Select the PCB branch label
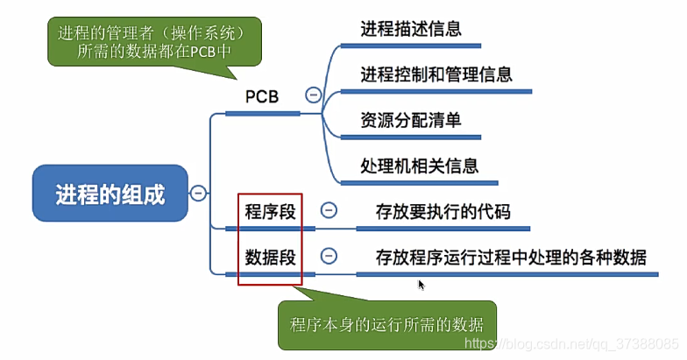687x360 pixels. click(260, 96)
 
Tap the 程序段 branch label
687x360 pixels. click(267, 211)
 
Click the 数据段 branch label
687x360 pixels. click(267, 257)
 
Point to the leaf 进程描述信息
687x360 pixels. click(411, 28)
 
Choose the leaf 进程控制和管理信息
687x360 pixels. click(436, 74)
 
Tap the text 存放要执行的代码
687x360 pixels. click(443, 211)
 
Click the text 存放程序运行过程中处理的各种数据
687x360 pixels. click(510, 257)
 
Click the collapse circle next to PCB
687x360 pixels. click(313, 95)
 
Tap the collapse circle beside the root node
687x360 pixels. click(199, 193)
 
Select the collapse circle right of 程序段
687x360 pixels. click(329, 210)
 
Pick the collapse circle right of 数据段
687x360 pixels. click(329, 256)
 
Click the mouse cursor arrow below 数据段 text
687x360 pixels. click(421, 285)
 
